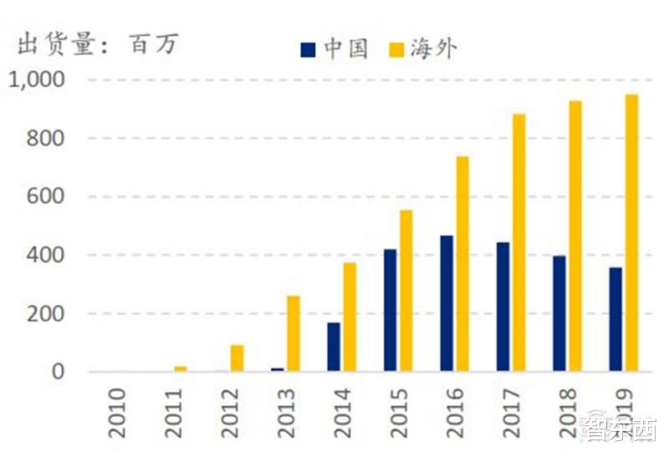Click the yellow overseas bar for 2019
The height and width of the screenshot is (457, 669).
click(x=631, y=233)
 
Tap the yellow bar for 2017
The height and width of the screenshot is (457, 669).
click(x=518, y=242)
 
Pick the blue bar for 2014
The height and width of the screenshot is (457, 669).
click(x=334, y=347)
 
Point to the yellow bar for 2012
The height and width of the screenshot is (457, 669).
click(x=237, y=358)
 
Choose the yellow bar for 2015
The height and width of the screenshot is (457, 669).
click(x=406, y=291)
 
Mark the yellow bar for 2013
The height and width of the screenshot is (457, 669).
click(x=294, y=333)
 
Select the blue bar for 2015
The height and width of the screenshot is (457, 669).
click(x=390, y=310)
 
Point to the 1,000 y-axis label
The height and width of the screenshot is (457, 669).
click(x=35, y=80)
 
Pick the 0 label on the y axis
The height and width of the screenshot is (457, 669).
click(x=58, y=372)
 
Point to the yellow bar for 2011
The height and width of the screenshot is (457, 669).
click(x=181, y=368)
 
